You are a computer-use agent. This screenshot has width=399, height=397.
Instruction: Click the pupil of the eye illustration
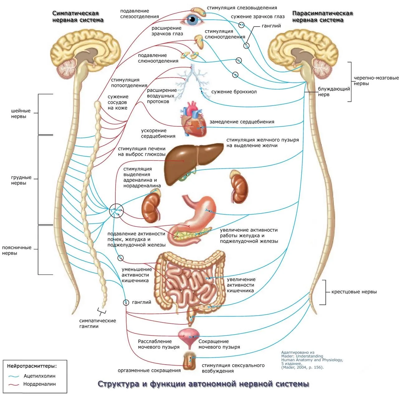(192, 20)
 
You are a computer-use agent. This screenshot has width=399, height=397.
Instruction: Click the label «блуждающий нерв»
(334, 92)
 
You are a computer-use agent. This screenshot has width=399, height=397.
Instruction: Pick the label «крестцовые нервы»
(354, 292)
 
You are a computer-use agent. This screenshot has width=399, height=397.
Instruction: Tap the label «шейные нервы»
(21, 113)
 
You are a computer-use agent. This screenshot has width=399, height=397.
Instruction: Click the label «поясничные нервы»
(17, 250)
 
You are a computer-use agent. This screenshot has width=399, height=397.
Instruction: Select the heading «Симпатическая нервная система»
(78, 17)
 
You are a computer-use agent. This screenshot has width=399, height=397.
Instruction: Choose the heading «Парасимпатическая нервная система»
(322, 17)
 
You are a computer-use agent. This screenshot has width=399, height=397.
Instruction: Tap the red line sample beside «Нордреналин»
(14, 384)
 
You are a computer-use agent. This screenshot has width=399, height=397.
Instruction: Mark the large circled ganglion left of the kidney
(116, 211)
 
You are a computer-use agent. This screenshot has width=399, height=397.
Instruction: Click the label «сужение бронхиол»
(234, 92)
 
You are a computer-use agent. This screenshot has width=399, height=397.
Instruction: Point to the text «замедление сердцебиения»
(242, 122)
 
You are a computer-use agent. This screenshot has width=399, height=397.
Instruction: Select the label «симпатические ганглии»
(98, 323)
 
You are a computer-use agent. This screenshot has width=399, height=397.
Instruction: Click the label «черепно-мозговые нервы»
(376, 81)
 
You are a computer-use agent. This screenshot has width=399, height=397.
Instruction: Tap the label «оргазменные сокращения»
(149, 370)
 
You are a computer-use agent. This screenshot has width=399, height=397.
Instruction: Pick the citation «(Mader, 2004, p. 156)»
(302, 367)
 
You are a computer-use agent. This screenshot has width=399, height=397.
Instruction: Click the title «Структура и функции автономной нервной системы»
(203, 384)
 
